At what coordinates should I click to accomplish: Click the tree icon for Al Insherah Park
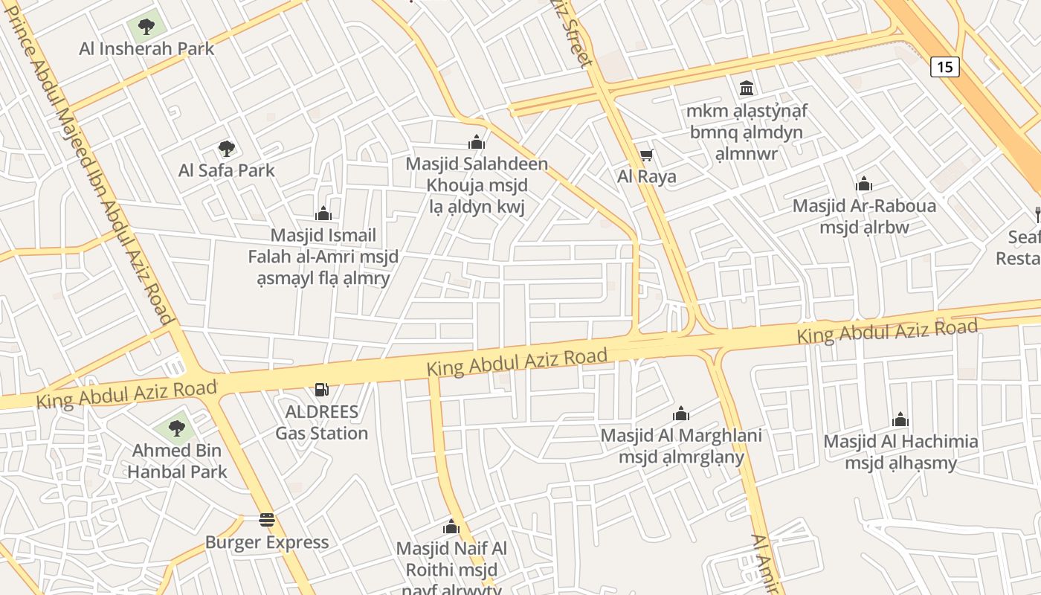146,27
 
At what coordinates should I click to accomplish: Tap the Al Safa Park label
226,170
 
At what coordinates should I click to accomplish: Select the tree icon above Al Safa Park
226,149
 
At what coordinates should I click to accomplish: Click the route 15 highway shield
944,67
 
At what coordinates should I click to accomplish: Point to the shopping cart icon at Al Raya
646,155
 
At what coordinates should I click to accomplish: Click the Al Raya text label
646,176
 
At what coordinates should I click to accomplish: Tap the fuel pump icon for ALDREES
321,389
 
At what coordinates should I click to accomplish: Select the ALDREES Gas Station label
321,422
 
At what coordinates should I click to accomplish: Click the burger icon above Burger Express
266,520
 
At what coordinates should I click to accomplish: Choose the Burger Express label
266,542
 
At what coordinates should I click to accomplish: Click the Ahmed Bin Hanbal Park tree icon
176,428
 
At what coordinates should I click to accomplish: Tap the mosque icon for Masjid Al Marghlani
680,414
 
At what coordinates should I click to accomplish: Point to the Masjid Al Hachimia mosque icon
900,419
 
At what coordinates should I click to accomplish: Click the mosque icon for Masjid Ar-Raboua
863,184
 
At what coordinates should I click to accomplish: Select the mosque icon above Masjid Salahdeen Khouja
476,142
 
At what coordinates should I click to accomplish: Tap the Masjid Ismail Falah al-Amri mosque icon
323,213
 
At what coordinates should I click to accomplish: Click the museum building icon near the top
747,88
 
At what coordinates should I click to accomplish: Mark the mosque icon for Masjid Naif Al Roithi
451,527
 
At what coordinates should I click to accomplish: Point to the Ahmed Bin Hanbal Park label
177,461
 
